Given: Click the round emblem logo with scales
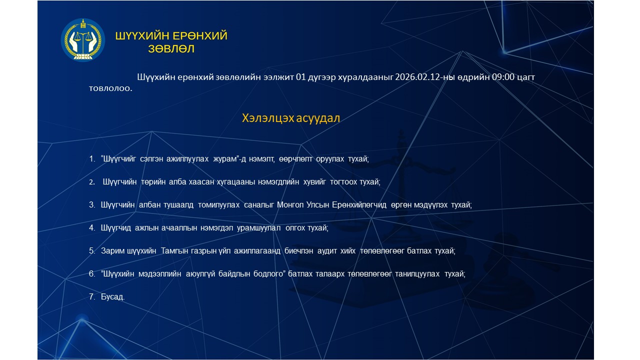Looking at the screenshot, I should tap(83, 40).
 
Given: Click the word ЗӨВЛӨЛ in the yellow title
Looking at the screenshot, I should tap(171, 49).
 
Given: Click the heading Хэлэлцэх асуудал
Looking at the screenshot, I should tap(291, 118).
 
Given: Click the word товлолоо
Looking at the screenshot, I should tap(110, 88).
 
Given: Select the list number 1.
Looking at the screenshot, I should tap(91, 159).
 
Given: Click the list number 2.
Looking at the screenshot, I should tap(91, 182).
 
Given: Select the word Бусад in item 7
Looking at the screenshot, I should tap(112, 297).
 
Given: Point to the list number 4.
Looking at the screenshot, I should tap(91, 228).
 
